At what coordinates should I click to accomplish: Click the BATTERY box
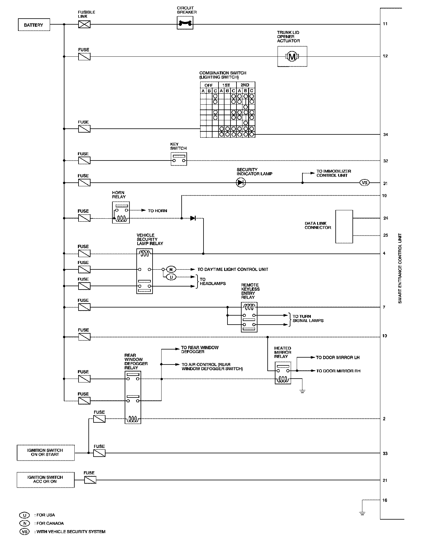click(33, 25)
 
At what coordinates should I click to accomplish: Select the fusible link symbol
click(84, 25)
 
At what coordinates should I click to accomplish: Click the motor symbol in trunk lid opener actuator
click(292, 56)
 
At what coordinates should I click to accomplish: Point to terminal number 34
click(385, 135)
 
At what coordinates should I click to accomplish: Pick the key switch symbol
click(179, 159)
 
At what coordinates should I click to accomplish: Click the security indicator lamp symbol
click(241, 183)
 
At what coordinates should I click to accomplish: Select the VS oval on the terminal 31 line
click(365, 183)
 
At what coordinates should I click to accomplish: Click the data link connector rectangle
click(344, 226)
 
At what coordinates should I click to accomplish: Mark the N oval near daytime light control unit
click(171, 269)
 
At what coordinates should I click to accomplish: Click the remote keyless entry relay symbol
click(249, 317)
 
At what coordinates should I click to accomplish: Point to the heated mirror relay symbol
click(283, 373)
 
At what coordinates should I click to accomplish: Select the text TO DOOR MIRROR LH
click(337, 358)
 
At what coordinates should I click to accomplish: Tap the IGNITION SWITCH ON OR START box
click(45, 452)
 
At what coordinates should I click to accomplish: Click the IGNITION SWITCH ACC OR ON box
click(45, 479)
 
